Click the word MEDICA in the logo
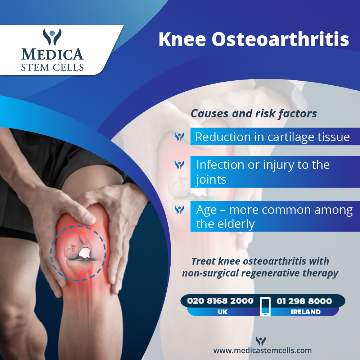pos(53,54)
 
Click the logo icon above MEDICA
pos(53,36)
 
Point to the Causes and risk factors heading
pos(254,113)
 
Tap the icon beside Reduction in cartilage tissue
pos(179,137)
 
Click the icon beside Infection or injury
pos(179,165)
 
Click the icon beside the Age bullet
pos(179,209)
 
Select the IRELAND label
pos(306,312)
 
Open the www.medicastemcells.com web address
pos(262,350)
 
